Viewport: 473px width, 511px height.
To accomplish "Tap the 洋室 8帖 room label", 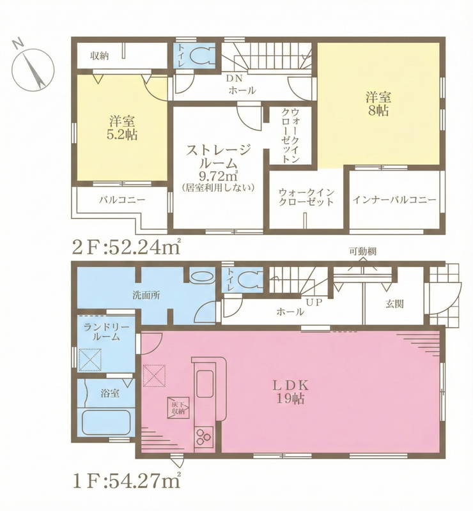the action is (378, 104).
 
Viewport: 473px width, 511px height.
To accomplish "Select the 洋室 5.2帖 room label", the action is (122, 128).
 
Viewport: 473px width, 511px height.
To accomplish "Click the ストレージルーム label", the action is (219, 156).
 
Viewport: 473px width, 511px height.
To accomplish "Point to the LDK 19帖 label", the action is (291, 392).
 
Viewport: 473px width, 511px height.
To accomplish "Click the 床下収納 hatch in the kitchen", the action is (178, 408).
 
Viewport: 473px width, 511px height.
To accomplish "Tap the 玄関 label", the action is (395, 304).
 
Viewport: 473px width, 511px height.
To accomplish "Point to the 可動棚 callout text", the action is (363, 251).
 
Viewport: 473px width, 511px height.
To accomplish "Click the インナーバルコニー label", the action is (394, 200).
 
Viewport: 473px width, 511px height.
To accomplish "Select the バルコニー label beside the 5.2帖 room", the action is (122, 200).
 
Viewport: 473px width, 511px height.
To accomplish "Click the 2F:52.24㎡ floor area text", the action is (127, 248).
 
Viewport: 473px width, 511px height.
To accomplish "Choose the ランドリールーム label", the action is (106, 332).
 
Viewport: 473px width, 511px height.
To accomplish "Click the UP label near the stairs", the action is (314, 302).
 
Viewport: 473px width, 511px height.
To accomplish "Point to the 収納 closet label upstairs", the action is (100, 56).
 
